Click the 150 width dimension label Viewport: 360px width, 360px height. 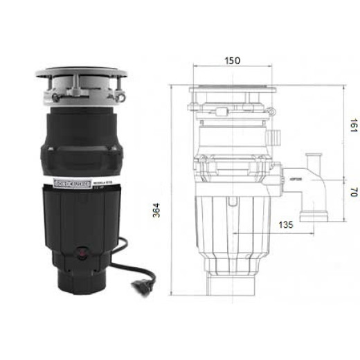tap(233, 61)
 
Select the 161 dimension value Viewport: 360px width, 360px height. tap(353, 126)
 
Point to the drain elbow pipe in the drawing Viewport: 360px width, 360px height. tap(315, 187)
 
